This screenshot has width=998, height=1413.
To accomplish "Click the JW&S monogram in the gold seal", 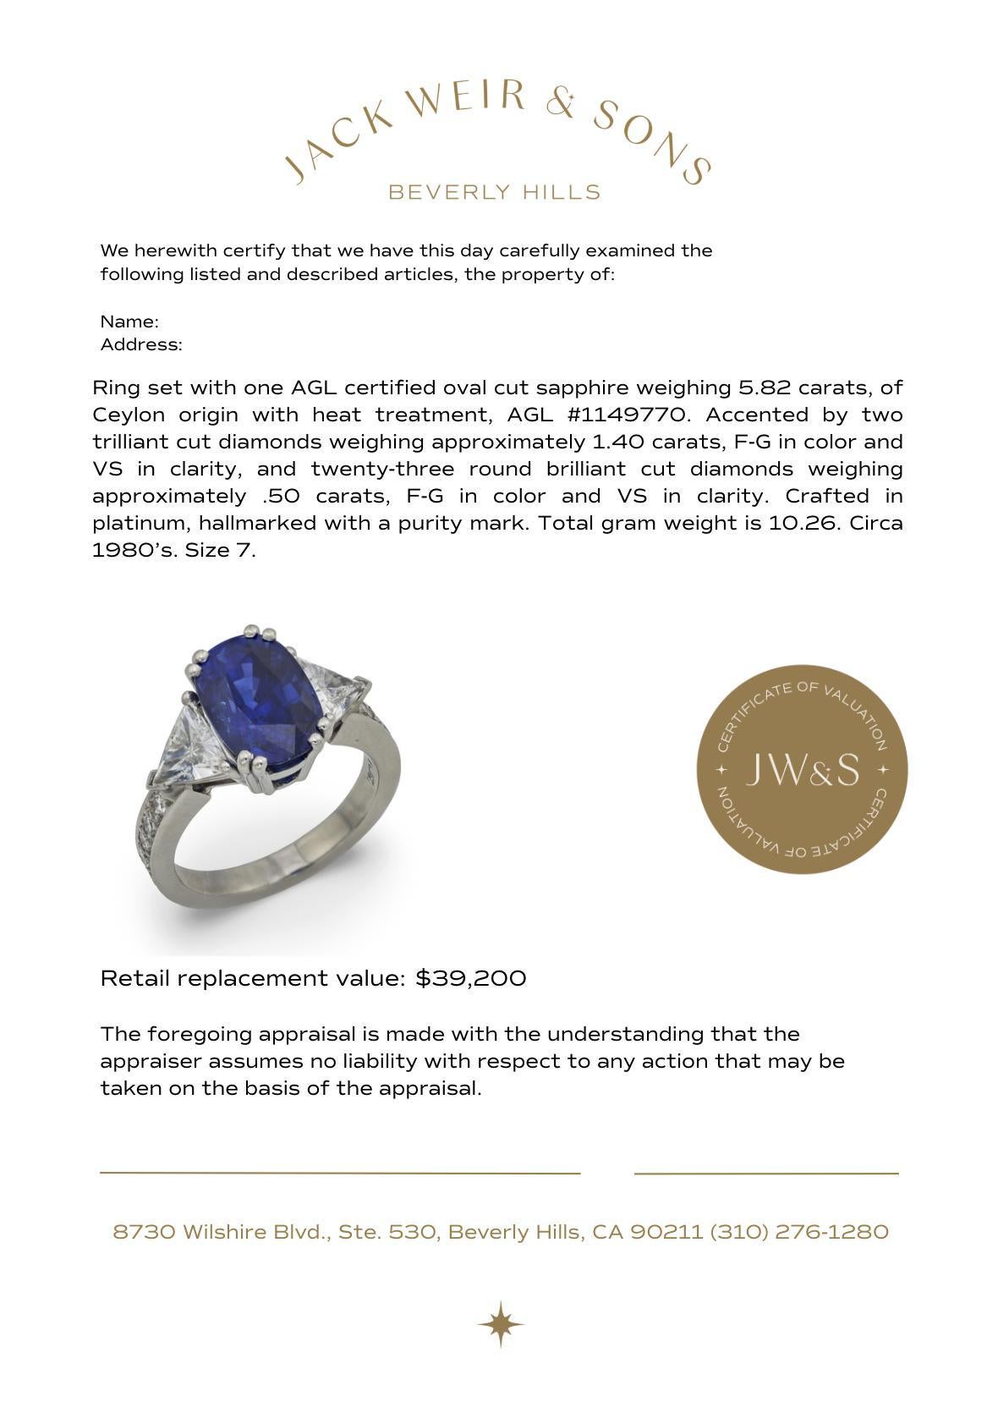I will click(802, 769).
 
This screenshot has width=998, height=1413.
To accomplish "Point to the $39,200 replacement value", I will click(471, 978).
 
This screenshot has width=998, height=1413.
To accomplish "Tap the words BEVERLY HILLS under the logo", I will click(494, 192).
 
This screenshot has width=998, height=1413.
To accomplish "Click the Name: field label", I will click(129, 322).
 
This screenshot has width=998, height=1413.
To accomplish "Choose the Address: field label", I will click(141, 344).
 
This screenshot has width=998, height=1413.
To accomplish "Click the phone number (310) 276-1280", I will click(799, 1232).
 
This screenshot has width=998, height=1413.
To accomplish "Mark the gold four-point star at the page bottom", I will click(500, 1324).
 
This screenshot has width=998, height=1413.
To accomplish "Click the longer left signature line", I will click(340, 1173).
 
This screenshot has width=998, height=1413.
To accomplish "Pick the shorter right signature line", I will click(766, 1174).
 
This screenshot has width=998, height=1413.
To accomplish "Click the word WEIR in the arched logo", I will click(465, 99).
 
